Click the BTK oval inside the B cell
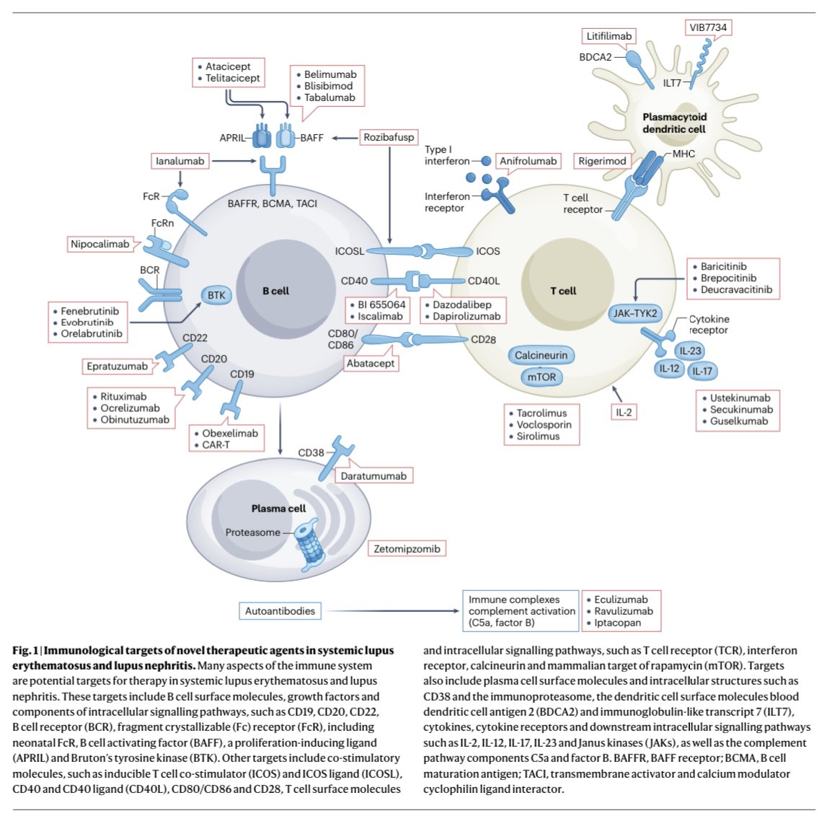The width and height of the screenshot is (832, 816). [216, 295]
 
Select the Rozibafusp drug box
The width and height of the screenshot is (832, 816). [389, 137]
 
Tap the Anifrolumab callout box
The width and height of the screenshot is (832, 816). [528, 161]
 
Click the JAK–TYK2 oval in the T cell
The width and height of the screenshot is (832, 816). [635, 313]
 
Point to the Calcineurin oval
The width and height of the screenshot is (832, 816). [541, 355]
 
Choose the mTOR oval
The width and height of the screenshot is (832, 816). [541, 377]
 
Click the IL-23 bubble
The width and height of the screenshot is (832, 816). [690, 351]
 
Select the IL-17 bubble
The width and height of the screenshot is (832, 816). [702, 371]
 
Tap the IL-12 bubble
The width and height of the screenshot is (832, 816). [669, 369]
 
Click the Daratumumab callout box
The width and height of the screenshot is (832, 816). [373, 475]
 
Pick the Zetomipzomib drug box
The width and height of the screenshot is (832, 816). [407, 548]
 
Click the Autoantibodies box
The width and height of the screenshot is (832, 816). [280, 611]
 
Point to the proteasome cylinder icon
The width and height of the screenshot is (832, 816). [311, 545]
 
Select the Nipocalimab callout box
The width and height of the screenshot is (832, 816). [100, 244]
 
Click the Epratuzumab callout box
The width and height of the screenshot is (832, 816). [118, 367]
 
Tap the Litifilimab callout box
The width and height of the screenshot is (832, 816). [609, 36]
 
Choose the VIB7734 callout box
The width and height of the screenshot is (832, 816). [709, 27]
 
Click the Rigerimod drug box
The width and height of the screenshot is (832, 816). [602, 161]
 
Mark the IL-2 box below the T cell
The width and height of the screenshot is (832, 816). [624, 412]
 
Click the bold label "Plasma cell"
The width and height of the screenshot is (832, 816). [278, 509]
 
